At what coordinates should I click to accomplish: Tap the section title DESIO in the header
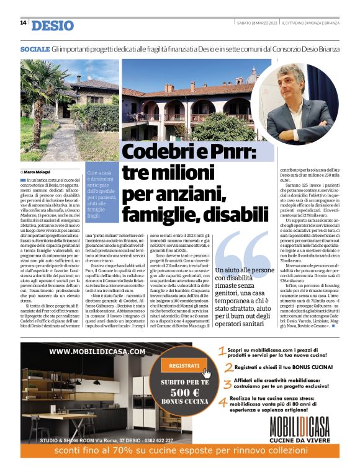(x=52, y=25)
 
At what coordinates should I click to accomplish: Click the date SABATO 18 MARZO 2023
(x=256, y=23)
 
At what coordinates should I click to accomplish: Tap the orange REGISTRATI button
(x=184, y=366)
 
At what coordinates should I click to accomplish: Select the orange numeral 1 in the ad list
(x=222, y=352)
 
